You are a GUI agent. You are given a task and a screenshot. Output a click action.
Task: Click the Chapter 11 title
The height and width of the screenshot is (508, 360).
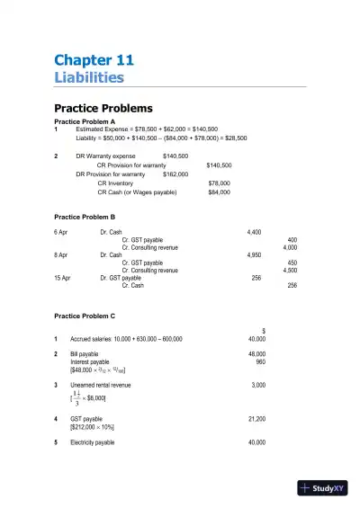coord(94,60)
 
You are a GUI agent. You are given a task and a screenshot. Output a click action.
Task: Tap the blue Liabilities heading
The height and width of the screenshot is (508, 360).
coord(89,77)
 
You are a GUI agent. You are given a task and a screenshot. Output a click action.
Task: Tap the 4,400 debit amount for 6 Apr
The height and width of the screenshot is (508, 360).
coord(254,232)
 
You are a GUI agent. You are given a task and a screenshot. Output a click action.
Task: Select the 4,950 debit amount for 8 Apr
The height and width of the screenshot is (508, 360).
coord(254,255)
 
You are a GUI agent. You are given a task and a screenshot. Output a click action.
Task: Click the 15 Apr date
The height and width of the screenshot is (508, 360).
coord(62,278)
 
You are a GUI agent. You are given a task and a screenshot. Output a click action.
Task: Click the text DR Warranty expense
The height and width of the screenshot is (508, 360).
coord(105,156)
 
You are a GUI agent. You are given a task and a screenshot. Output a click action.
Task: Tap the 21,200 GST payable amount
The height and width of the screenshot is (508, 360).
coord(256,419)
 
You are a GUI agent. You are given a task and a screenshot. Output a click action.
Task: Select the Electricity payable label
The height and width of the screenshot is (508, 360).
coord(92,442)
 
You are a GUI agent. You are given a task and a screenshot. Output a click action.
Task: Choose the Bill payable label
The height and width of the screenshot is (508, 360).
coord(83,354)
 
